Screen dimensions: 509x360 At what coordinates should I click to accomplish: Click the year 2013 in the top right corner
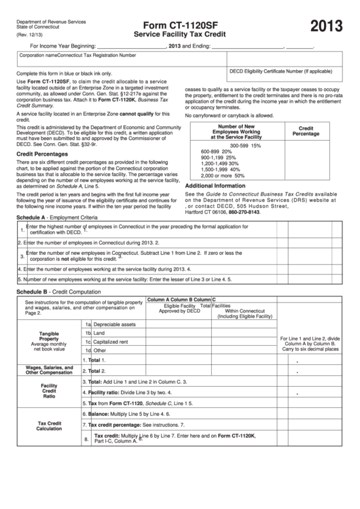click(x=325, y=27)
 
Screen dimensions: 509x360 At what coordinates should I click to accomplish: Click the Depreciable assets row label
click(x=114, y=324)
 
